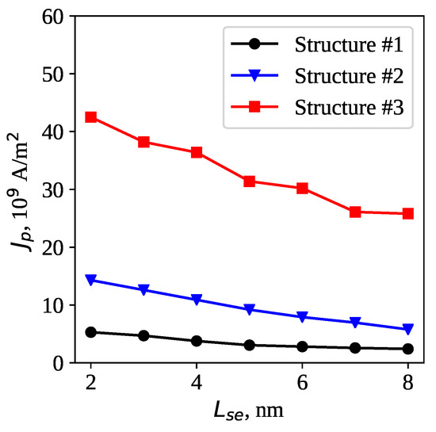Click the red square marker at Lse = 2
pos(91,117)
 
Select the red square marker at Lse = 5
pos(250,182)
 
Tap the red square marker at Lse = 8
pos(408,214)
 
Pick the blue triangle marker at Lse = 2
pos(91,280)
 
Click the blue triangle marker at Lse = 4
pos(197,300)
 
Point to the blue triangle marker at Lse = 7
pos(355,323)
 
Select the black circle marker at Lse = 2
pos(91,332)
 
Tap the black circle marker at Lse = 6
pos(303,346)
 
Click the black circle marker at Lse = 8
pos(408,349)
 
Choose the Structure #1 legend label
pos(350,44)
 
